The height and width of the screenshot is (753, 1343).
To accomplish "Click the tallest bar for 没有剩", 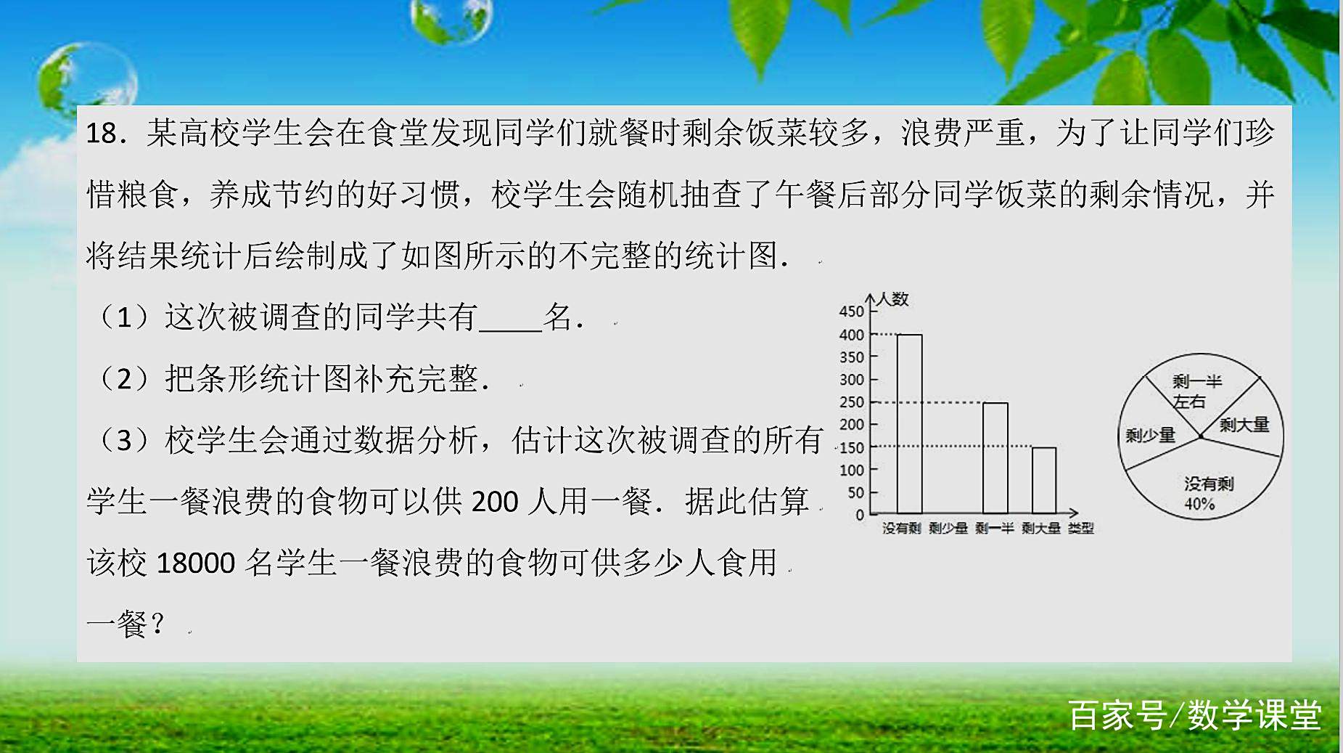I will (909, 424).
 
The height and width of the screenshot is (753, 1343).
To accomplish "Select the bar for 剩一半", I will (995, 458).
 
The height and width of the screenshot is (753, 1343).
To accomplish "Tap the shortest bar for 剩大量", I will (1043, 481).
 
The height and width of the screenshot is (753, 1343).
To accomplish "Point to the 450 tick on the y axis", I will (851, 312).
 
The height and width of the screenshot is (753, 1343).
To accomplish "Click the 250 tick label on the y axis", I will (851, 402).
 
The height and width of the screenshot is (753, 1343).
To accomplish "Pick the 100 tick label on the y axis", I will (851, 471).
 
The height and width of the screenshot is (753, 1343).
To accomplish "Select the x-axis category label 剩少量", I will (948, 529).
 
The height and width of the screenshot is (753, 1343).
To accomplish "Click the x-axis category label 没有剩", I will (901, 529).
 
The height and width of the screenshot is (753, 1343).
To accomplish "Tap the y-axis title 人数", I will (893, 299).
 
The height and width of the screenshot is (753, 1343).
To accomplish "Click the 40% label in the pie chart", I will (1199, 504).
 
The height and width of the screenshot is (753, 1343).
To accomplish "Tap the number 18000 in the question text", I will (195, 563).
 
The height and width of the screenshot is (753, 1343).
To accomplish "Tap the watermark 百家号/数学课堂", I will (1194, 715).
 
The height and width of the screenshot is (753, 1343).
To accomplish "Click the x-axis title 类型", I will (1080, 529).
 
